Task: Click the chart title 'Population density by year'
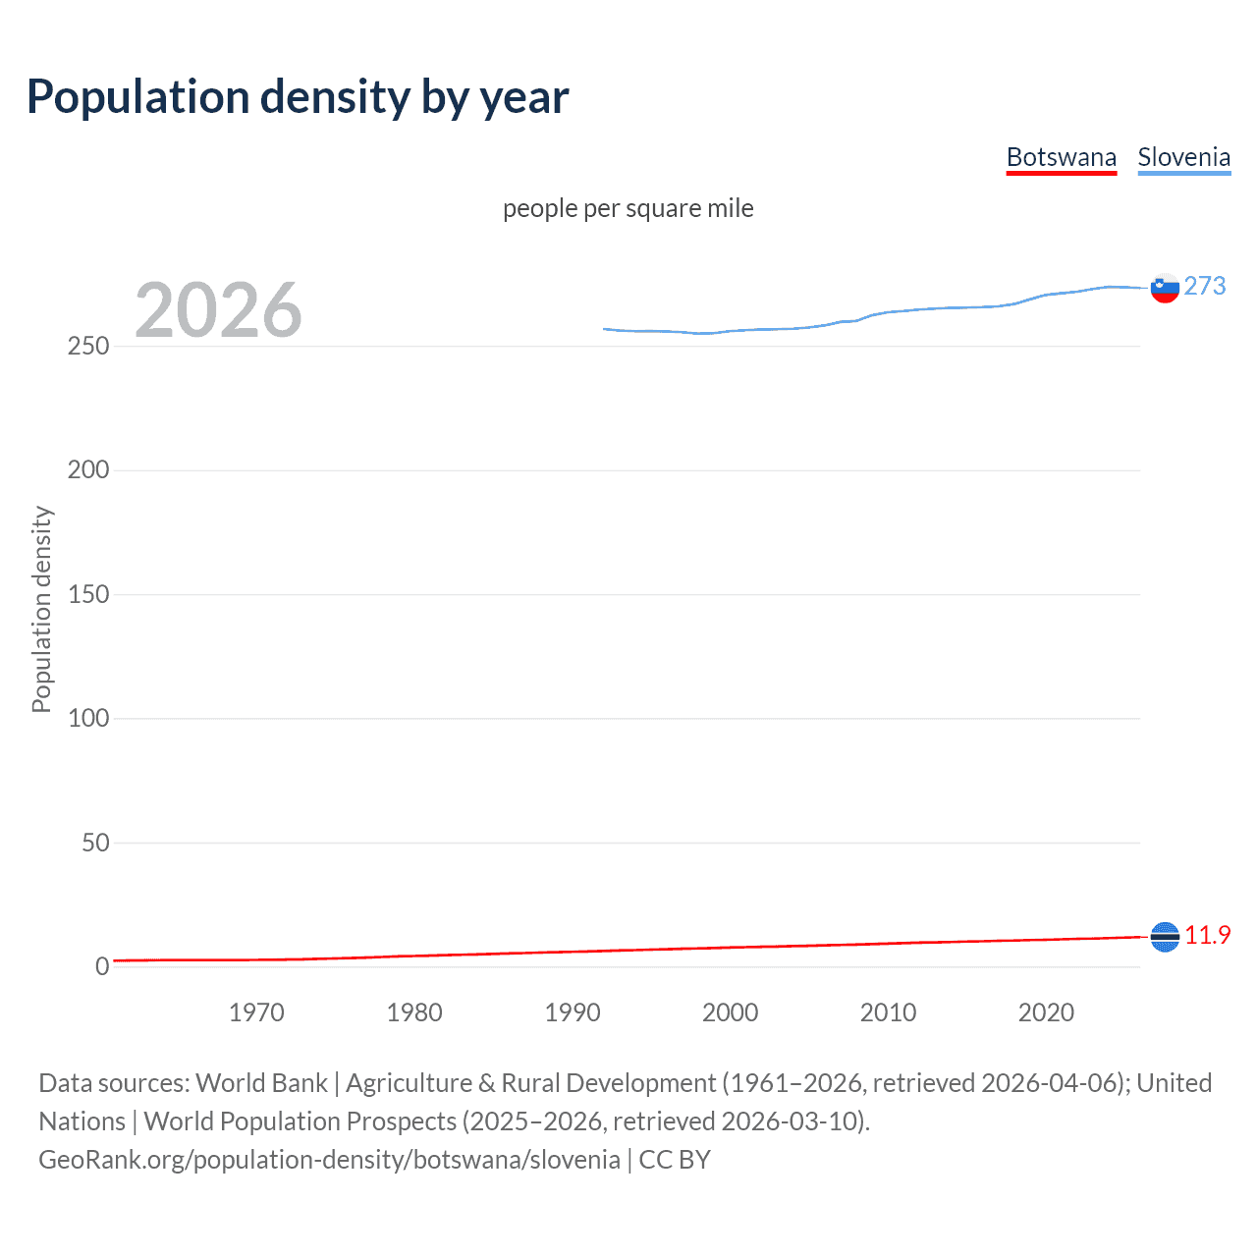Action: pos(298,97)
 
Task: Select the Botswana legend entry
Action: pos(1061,158)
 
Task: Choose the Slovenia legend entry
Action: pos(1183,158)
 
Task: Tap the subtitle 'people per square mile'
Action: pos(628,209)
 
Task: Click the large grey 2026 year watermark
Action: pos(218,310)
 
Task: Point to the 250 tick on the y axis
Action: pos(88,347)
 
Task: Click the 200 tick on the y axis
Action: pos(88,470)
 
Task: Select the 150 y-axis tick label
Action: pos(88,594)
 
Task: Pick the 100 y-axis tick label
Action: pos(88,719)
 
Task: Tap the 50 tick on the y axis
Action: pos(95,843)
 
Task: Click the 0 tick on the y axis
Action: pos(102,966)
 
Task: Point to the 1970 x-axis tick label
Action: pos(256,1012)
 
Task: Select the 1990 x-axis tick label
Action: pos(573,1012)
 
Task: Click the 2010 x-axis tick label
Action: pos(888,1012)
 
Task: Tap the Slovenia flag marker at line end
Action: pos(1165,289)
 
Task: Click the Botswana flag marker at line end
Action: pos(1165,937)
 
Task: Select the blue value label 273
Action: pos(1205,286)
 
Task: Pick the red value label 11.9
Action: pos(1207,935)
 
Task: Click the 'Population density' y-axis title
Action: pos(41,609)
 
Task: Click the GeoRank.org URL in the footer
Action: pos(329,1160)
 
